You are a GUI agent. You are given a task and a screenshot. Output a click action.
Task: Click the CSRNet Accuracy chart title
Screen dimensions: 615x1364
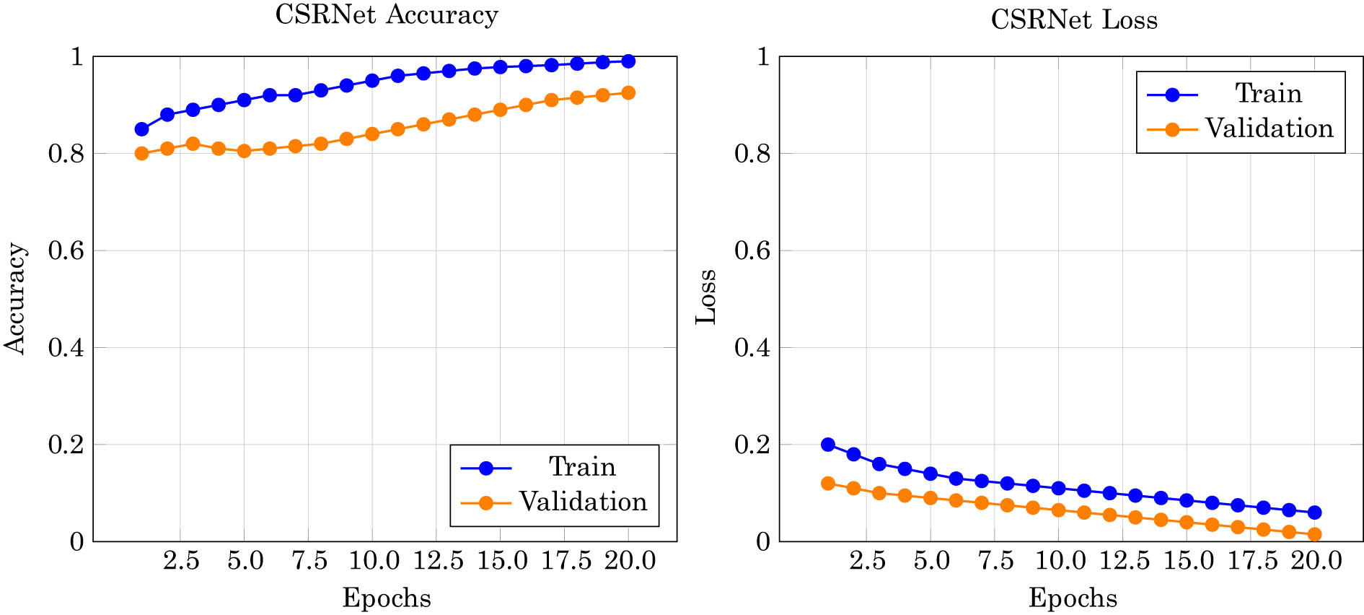point(387,15)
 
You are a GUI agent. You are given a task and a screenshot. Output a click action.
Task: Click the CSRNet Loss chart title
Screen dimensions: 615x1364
point(1073,19)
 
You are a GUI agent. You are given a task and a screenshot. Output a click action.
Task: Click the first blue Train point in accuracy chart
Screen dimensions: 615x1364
point(141,129)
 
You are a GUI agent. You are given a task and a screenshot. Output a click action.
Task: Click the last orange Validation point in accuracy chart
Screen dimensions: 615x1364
point(628,93)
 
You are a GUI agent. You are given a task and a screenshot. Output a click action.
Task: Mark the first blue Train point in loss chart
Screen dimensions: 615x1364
point(828,445)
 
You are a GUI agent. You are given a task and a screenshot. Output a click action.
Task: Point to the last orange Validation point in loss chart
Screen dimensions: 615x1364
point(1314,534)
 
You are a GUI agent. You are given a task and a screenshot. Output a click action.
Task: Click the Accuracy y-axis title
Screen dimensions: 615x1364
point(16,298)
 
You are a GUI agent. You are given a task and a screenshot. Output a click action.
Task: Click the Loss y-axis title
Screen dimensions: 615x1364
point(706,297)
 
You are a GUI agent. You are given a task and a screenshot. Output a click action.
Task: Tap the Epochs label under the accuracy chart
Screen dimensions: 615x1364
point(387,598)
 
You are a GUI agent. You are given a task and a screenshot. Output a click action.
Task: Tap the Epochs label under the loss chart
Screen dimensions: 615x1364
point(1073,598)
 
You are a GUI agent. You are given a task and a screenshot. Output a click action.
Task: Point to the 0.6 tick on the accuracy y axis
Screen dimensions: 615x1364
point(66,250)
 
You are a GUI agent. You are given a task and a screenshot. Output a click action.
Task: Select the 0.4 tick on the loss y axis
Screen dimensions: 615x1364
point(752,348)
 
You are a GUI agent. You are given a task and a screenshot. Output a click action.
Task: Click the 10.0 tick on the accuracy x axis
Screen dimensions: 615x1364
point(372,561)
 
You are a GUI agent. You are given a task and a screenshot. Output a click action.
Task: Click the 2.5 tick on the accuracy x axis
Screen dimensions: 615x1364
point(180,561)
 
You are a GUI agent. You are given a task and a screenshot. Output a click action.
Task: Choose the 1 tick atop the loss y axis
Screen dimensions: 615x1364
point(763,56)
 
